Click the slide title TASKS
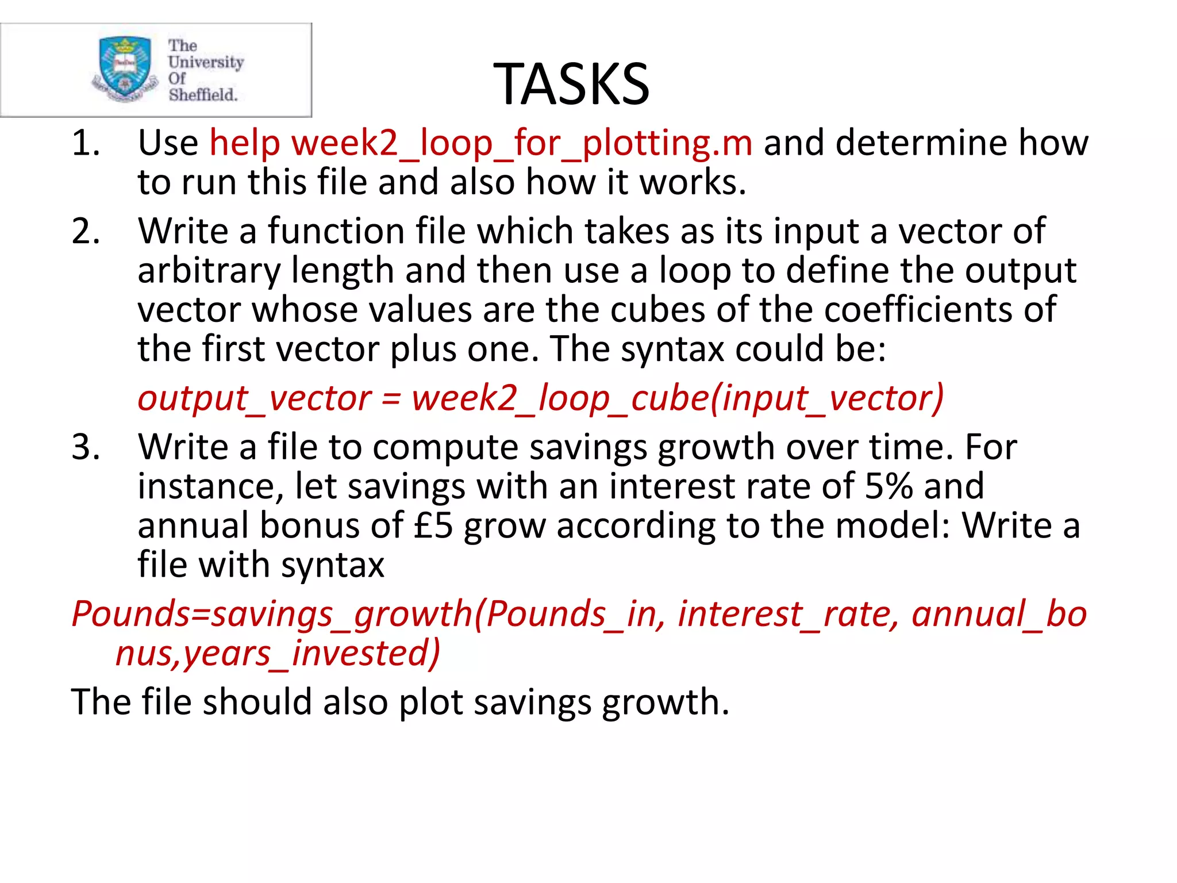(x=571, y=85)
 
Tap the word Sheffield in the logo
(x=203, y=95)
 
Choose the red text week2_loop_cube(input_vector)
(x=678, y=398)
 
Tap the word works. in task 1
(x=693, y=182)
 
